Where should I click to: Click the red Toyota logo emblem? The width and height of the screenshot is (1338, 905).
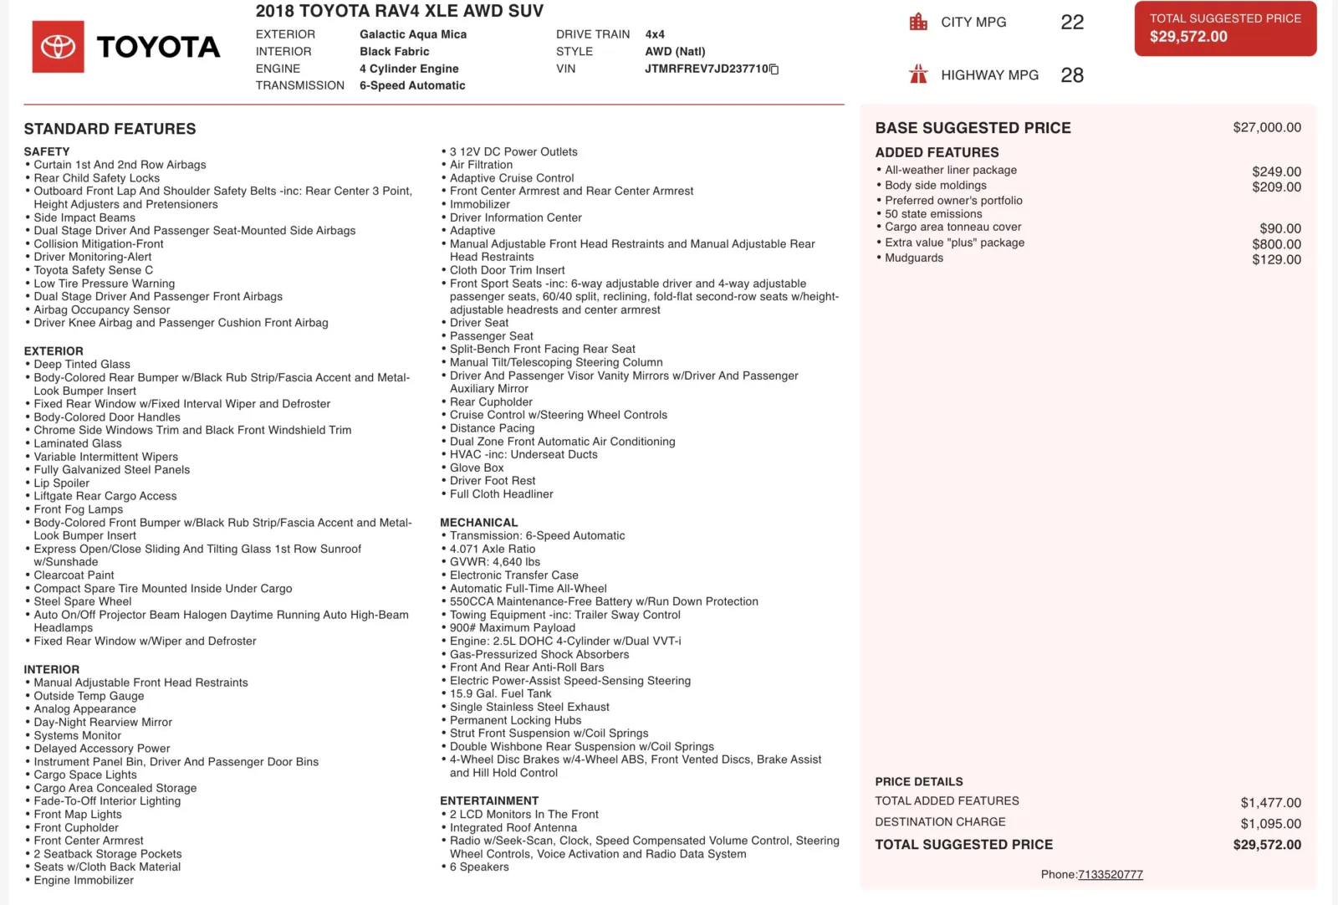tap(59, 47)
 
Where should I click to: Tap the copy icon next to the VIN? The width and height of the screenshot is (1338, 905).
tap(774, 69)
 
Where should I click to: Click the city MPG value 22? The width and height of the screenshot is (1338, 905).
tap(1071, 23)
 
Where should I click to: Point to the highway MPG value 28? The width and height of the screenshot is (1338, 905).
tap(1071, 75)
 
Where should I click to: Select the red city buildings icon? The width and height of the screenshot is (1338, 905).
tap(918, 23)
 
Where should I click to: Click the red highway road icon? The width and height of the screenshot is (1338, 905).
tap(918, 74)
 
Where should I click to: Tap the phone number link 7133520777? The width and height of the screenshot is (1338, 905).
tap(1110, 875)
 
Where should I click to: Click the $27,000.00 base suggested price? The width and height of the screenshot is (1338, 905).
tap(1266, 128)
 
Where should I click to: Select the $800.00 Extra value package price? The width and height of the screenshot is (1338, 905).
tap(1276, 244)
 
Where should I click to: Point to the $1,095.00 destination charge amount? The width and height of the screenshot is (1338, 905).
tap(1270, 824)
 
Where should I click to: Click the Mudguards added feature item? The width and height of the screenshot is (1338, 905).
tap(914, 258)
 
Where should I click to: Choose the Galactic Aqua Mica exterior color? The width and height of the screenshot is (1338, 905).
tap(413, 34)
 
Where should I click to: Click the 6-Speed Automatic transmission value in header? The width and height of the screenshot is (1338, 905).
tap(412, 85)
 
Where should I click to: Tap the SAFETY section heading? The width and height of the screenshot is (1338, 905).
tap(47, 151)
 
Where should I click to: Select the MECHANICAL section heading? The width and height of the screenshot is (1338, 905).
tap(478, 523)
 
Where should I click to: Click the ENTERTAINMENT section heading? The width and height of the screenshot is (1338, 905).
tap(489, 800)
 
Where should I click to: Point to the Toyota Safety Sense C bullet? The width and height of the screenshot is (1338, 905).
tap(93, 270)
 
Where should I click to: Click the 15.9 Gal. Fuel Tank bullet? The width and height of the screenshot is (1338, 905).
tap(500, 693)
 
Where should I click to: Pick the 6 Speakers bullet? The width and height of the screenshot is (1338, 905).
tap(479, 867)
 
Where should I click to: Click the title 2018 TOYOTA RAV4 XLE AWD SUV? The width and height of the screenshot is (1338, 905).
tap(399, 12)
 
